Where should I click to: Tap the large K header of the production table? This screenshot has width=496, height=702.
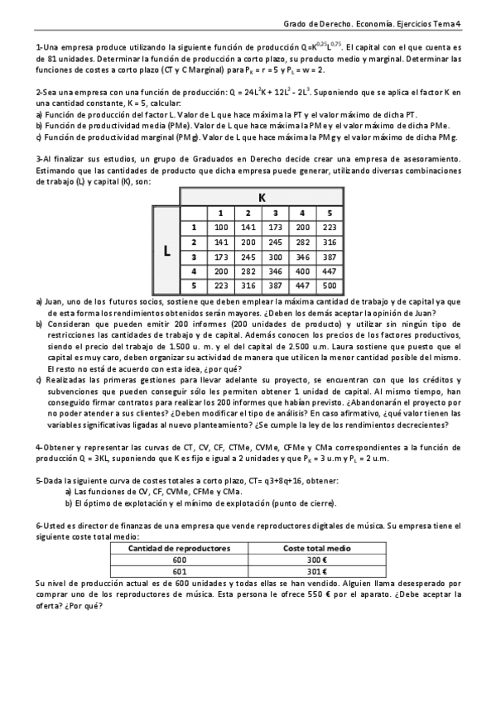pyautogui.click(x=262, y=197)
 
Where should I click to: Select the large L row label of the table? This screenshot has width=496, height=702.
pyautogui.click(x=166, y=253)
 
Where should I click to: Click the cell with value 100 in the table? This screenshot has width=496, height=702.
pyautogui.click(x=220, y=227)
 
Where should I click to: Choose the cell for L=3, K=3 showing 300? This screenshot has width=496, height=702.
pyautogui.click(x=275, y=257)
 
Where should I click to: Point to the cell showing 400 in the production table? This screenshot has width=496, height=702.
pyautogui.click(x=302, y=272)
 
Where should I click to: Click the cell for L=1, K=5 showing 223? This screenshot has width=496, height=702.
pyautogui.click(x=330, y=227)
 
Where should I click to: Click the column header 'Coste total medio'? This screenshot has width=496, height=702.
pyautogui.click(x=317, y=548)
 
